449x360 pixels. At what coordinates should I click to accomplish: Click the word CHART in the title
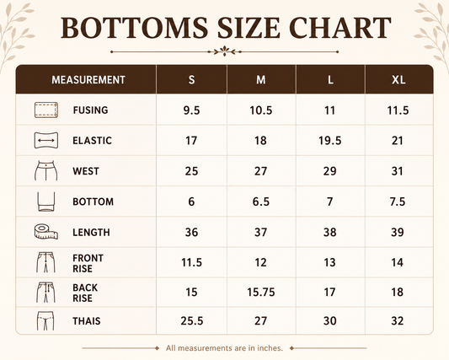[x=339, y=28]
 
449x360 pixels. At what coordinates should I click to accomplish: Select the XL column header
[x=398, y=80]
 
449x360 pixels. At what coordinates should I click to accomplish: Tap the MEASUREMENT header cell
[x=88, y=80]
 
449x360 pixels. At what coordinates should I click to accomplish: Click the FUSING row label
[x=90, y=110]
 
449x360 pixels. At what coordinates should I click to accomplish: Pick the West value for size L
[x=330, y=171]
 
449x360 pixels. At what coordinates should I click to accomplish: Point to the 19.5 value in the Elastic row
[x=330, y=141]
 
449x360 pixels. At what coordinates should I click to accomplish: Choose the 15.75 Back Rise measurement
[x=261, y=293]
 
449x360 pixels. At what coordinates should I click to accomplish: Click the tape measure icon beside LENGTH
[x=45, y=232]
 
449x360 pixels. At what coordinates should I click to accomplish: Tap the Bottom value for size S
[x=191, y=201]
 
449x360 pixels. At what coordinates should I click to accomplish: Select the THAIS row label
[x=87, y=321]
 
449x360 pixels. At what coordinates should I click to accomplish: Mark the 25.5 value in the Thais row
[x=192, y=321]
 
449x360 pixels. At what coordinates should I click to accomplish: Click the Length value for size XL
[x=398, y=232]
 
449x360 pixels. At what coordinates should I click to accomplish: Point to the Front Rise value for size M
[x=260, y=262]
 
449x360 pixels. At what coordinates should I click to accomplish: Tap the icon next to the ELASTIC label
[x=46, y=141]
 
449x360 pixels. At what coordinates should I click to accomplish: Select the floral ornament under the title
[x=225, y=51]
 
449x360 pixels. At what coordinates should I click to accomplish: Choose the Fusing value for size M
[x=261, y=110]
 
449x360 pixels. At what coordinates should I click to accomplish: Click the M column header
[x=261, y=80]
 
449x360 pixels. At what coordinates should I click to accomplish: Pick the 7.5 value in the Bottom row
[x=398, y=201]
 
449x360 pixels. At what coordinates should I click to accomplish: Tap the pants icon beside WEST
[x=45, y=170]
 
